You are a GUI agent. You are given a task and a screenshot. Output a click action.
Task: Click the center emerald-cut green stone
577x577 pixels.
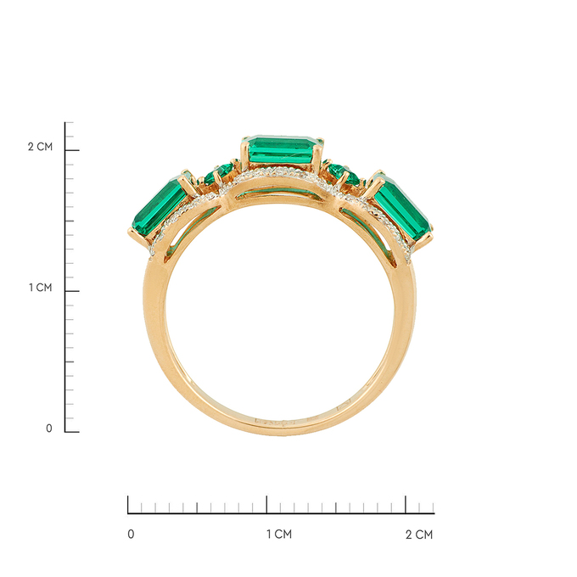point(283,149)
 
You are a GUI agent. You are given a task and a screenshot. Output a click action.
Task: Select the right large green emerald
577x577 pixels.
point(402,209)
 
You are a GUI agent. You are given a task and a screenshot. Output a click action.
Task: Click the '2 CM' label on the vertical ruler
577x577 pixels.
point(40,147)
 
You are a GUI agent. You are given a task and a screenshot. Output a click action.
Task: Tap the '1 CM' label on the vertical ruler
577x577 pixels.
point(41,288)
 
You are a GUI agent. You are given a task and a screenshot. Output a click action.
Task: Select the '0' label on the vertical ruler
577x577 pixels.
point(49,429)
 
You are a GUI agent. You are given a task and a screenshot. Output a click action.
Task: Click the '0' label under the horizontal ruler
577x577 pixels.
point(131,534)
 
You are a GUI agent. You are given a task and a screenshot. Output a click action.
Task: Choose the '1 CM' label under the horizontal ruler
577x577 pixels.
point(279,534)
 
